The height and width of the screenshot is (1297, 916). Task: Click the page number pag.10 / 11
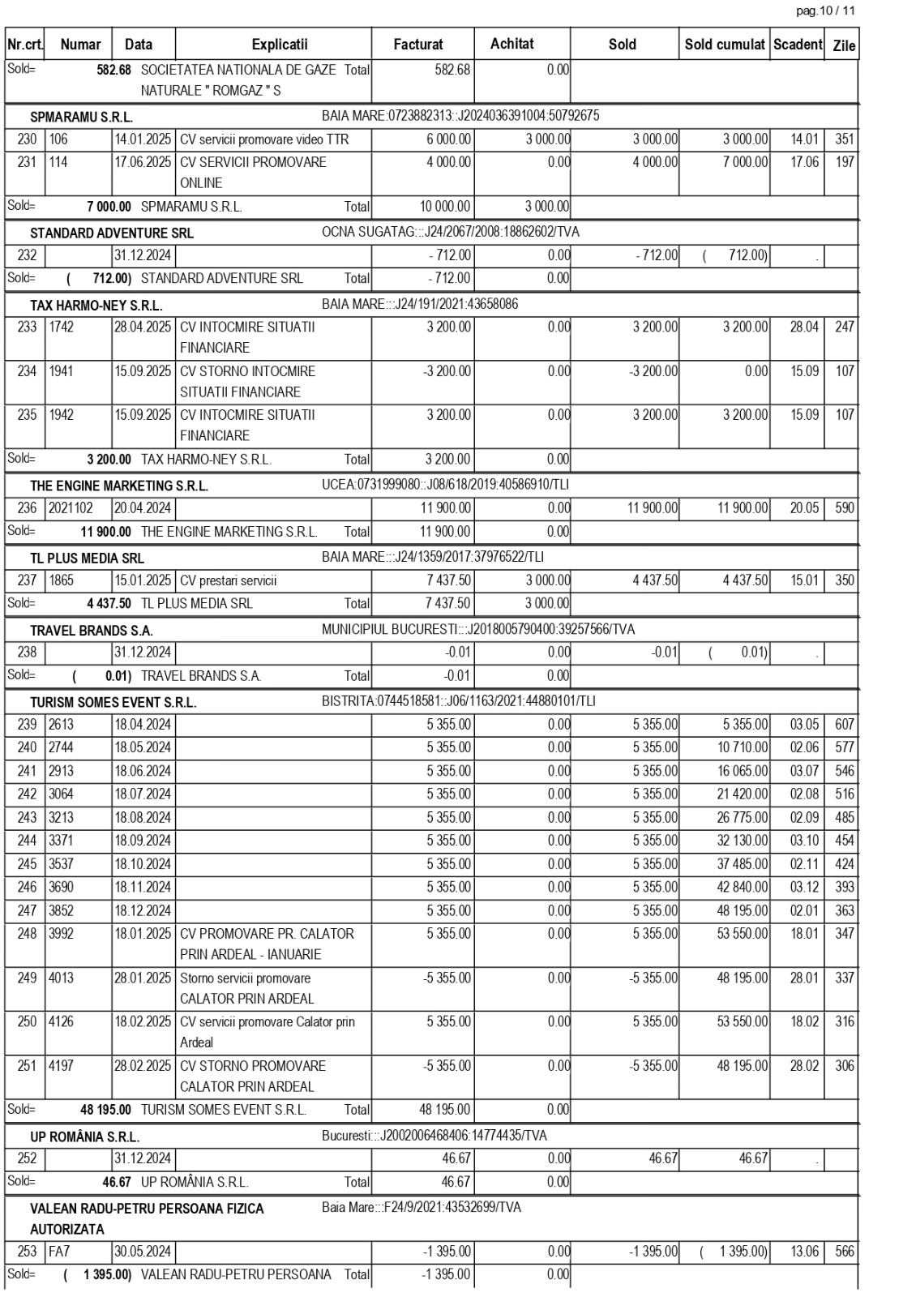825,11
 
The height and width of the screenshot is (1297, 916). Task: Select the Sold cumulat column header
725,45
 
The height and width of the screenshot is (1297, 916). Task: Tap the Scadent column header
798,45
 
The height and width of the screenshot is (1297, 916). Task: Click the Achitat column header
512,44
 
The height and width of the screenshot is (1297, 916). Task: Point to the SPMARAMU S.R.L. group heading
82,117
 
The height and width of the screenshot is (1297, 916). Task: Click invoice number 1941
62,371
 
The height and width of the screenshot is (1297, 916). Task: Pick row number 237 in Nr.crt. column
27,580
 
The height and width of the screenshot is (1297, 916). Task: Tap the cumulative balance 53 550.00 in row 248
742,934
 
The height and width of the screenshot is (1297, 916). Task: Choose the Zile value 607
845,725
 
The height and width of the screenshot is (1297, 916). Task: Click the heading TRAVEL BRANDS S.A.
92,631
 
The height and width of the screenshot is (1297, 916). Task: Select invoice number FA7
59,1252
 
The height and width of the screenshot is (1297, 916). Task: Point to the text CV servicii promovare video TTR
264,139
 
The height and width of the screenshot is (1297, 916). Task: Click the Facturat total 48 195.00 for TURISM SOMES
445,1109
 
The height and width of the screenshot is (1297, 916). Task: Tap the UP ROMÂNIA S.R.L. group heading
85,1137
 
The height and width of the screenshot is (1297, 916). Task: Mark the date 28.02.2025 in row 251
143,1066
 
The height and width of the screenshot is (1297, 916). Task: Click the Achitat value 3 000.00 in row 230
548,139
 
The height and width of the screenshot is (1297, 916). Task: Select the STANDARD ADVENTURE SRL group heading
112,233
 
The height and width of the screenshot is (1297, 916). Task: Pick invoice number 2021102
71,508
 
